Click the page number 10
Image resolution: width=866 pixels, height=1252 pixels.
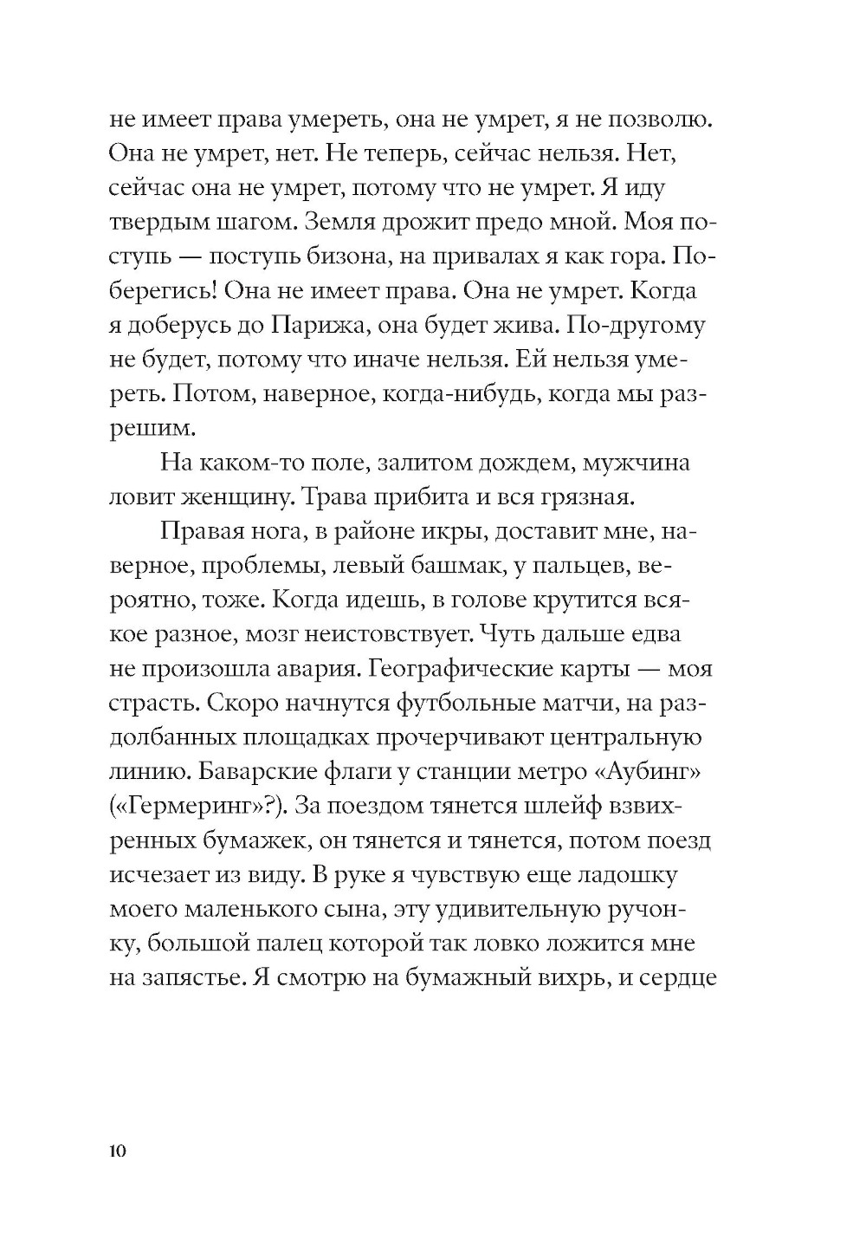[119, 1151]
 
